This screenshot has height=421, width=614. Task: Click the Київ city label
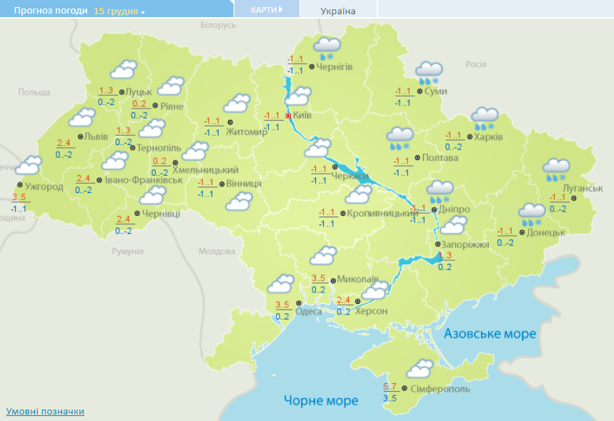(302, 114)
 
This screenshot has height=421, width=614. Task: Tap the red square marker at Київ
(288, 115)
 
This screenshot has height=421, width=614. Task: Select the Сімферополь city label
(440, 389)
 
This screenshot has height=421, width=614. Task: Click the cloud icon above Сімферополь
(420, 370)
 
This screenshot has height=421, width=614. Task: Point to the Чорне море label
(321, 400)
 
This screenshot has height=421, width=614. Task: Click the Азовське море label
(490, 334)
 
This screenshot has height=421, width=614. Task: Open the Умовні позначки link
(45, 412)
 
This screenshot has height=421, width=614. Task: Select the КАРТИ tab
(267, 10)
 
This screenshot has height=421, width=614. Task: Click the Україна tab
(338, 11)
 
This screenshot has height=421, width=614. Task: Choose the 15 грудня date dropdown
(119, 11)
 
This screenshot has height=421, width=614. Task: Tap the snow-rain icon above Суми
(430, 71)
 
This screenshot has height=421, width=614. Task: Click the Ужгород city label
(44, 187)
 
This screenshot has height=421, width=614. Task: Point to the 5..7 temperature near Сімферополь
(390, 387)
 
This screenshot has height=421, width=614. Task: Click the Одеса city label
(308, 311)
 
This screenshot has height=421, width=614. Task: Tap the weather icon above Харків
(485, 117)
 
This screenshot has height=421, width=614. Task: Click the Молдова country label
(217, 252)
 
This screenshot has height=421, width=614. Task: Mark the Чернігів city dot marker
(312, 66)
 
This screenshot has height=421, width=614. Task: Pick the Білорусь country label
(218, 25)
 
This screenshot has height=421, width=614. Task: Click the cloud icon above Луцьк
(123, 70)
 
